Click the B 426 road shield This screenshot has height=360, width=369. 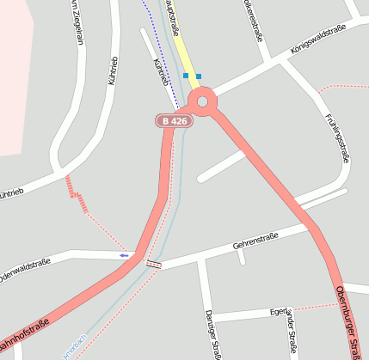tap(174, 121)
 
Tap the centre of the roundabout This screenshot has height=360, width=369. tap(203, 102)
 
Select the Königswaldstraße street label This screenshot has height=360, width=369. tap(318, 40)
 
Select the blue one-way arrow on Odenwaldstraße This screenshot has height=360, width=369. tap(125, 255)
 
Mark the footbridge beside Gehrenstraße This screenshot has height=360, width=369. tap(154, 264)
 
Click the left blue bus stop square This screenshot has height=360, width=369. tap(186, 76)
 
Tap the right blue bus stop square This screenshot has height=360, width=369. tap(199, 76)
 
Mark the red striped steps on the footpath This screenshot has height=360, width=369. tap(76, 193)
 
